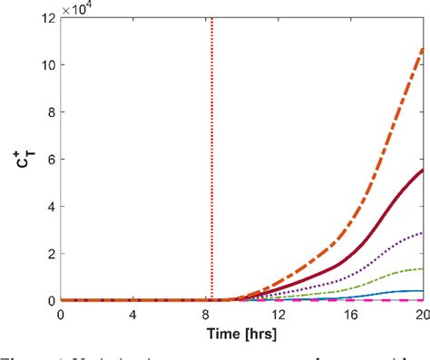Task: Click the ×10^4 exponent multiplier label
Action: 81,8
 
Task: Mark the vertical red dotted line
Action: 212,136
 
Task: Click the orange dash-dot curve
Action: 381,136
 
